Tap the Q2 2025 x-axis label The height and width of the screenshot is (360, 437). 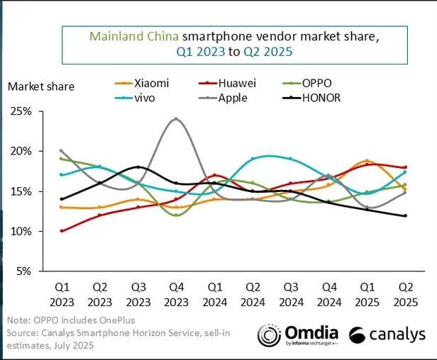point(404,294)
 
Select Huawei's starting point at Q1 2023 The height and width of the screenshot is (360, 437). point(62,231)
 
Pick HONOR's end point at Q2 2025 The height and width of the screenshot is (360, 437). point(404,215)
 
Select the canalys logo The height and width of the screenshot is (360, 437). point(387,334)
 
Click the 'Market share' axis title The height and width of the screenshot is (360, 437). point(40,86)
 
